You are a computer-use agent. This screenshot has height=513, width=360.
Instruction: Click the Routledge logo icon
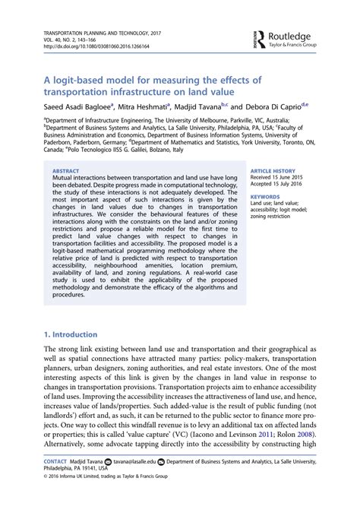(x=259, y=39)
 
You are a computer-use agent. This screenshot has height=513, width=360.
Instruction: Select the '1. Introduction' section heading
(x=71, y=334)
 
